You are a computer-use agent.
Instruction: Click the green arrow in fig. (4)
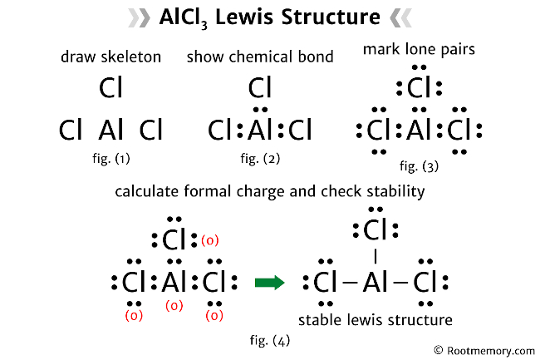tap(269, 283)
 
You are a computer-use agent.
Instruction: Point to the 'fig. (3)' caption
tap(419, 165)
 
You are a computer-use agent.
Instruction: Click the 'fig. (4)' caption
tap(270, 338)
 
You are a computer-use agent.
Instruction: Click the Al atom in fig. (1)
tap(110, 131)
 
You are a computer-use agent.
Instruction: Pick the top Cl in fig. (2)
tap(261, 86)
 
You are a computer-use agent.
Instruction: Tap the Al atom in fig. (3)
tap(419, 131)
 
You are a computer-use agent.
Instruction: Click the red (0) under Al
tap(174, 306)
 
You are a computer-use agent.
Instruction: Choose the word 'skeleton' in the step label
tap(132, 57)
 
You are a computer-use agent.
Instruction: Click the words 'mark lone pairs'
tap(419, 50)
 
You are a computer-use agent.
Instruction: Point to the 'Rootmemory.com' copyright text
tap(484, 352)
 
